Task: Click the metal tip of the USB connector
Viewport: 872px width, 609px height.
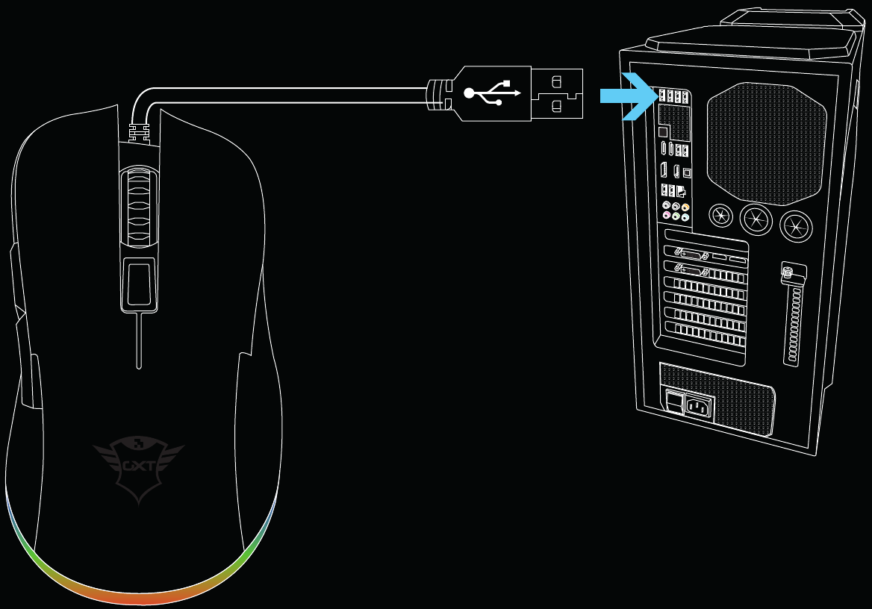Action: click(x=557, y=94)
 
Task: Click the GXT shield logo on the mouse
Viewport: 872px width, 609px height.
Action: click(x=139, y=466)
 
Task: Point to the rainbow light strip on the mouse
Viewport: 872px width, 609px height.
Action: click(x=142, y=590)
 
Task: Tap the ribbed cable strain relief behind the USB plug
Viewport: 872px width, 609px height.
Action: click(x=436, y=95)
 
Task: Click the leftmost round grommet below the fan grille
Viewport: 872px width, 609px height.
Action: click(x=720, y=217)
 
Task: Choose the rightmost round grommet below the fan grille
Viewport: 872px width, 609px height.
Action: click(x=795, y=225)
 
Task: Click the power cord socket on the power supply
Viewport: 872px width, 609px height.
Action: click(x=700, y=407)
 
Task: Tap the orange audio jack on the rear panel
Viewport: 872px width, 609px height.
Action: click(x=685, y=207)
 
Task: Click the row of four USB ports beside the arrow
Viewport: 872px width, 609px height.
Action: click(x=672, y=96)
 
